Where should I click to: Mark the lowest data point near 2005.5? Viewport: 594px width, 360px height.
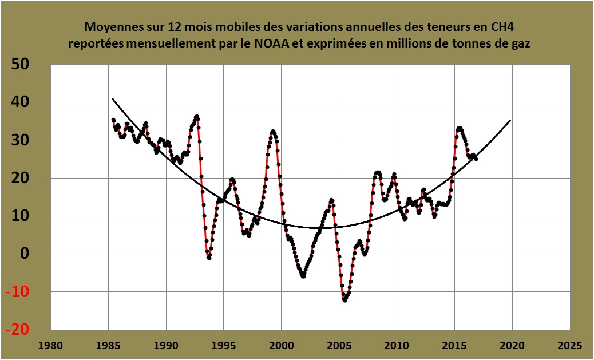pos(344,300)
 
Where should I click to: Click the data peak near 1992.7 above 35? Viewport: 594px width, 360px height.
pos(197,117)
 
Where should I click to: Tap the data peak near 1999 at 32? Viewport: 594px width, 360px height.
pos(273,132)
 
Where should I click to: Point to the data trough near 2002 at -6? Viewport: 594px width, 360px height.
pos(303,276)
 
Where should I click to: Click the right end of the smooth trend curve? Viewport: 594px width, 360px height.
pos(510,120)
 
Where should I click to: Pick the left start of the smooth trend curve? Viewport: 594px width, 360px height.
pos(112,99)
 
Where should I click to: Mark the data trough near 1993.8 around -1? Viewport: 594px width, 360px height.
pos(209,258)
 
